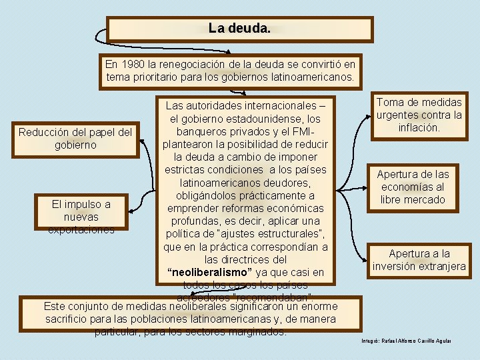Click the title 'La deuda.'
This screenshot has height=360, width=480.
(x=239, y=29)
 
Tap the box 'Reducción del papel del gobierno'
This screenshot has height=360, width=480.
(x=75, y=138)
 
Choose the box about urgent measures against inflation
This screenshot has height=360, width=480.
(x=419, y=115)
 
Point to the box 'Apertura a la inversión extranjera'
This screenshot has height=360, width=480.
(x=419, y=260)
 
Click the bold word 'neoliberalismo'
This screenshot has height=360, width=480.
(x=210, y=273)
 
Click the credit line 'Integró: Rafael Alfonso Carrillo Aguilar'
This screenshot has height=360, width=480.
(x=406, y=341)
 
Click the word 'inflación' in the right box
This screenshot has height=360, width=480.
(x=419, y=127)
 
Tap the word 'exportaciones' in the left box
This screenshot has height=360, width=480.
(x=81, y=229)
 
